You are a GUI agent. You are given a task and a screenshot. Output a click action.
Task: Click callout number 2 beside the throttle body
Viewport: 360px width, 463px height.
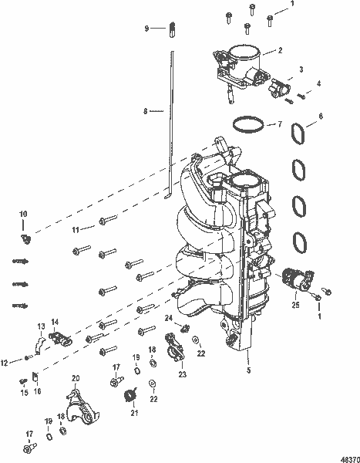(280, 51)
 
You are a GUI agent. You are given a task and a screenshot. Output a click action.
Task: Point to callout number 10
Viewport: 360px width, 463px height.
(22, 213)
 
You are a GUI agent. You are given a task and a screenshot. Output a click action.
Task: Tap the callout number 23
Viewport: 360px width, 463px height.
(182, 374)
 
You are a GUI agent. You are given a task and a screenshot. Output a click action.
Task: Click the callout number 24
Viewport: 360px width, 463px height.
(167, 318)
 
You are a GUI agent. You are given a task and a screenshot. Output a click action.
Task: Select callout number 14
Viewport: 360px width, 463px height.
(55, 322)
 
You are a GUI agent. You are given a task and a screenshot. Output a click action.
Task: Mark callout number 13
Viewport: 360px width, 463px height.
(39, 327)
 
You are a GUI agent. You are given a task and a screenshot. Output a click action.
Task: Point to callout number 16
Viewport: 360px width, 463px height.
(35, 391)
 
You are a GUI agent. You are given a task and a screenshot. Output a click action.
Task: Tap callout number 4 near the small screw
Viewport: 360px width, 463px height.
(319, 83)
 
